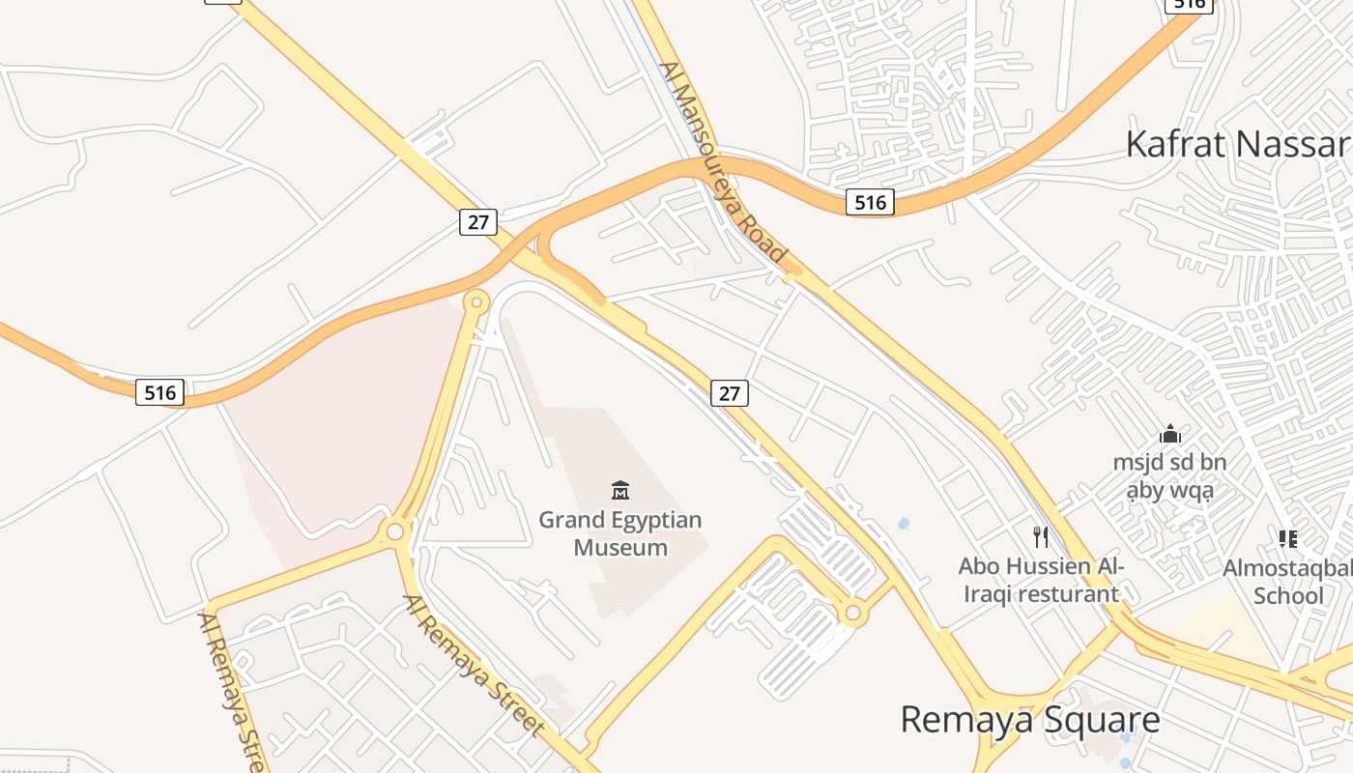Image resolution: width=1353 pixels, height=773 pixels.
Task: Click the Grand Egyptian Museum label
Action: click(x=620, y=533)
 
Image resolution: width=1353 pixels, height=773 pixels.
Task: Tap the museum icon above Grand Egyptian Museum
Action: click(x=620, y=491)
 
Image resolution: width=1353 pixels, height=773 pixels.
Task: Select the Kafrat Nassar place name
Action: click(x=1237, y=144)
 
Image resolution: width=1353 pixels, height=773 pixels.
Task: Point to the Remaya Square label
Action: click(x=1029, y=720)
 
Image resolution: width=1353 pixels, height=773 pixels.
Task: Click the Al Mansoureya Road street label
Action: click(x=723, y=162)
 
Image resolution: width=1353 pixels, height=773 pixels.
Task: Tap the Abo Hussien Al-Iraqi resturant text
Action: click(x=1041, y=580)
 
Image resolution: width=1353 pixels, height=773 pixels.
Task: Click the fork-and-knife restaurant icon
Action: click(x=1041, y=536)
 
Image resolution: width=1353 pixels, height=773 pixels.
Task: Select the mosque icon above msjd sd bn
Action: click(x=1170, y=434)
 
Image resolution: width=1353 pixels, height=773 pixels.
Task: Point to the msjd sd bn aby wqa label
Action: click(x=1169, y=476)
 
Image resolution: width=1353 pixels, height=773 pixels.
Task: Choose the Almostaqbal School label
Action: click(x=1287, y=581)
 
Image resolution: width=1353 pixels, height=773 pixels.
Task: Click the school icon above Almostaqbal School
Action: click(x=1287, y=538)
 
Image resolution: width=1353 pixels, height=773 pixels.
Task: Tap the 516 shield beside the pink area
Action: click(x=159, y=392)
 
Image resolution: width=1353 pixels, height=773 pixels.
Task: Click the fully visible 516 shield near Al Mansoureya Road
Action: click(x=870, y=202)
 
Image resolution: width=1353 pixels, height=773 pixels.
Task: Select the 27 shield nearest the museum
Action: click(x=730, y=393)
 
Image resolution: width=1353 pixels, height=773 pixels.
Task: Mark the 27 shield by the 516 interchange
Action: click(x=477, y=222)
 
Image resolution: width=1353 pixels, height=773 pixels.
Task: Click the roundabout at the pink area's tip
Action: click(x=475, y=302)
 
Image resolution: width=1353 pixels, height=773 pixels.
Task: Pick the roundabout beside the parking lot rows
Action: click(x=852, y=613)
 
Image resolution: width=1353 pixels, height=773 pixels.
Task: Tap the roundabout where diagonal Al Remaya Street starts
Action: click(x=395, y=531)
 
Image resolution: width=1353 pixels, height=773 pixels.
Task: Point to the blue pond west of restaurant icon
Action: click(x=904, y=524)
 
